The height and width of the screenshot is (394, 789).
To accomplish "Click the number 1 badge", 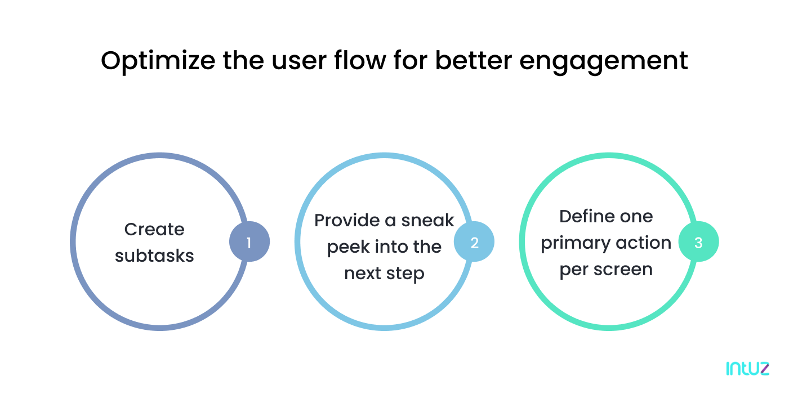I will (249, 242).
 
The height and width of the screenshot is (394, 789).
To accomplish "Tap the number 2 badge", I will (474, 242).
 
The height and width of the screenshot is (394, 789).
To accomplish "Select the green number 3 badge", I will (698, 242).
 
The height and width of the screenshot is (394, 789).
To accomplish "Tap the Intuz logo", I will (747, 369).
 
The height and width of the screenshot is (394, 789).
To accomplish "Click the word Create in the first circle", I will (154, 229).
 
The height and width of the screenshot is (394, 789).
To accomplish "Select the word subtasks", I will (154, 256).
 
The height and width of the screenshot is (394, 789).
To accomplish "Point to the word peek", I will (349, 247).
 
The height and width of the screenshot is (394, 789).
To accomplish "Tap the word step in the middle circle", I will (405, 274).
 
